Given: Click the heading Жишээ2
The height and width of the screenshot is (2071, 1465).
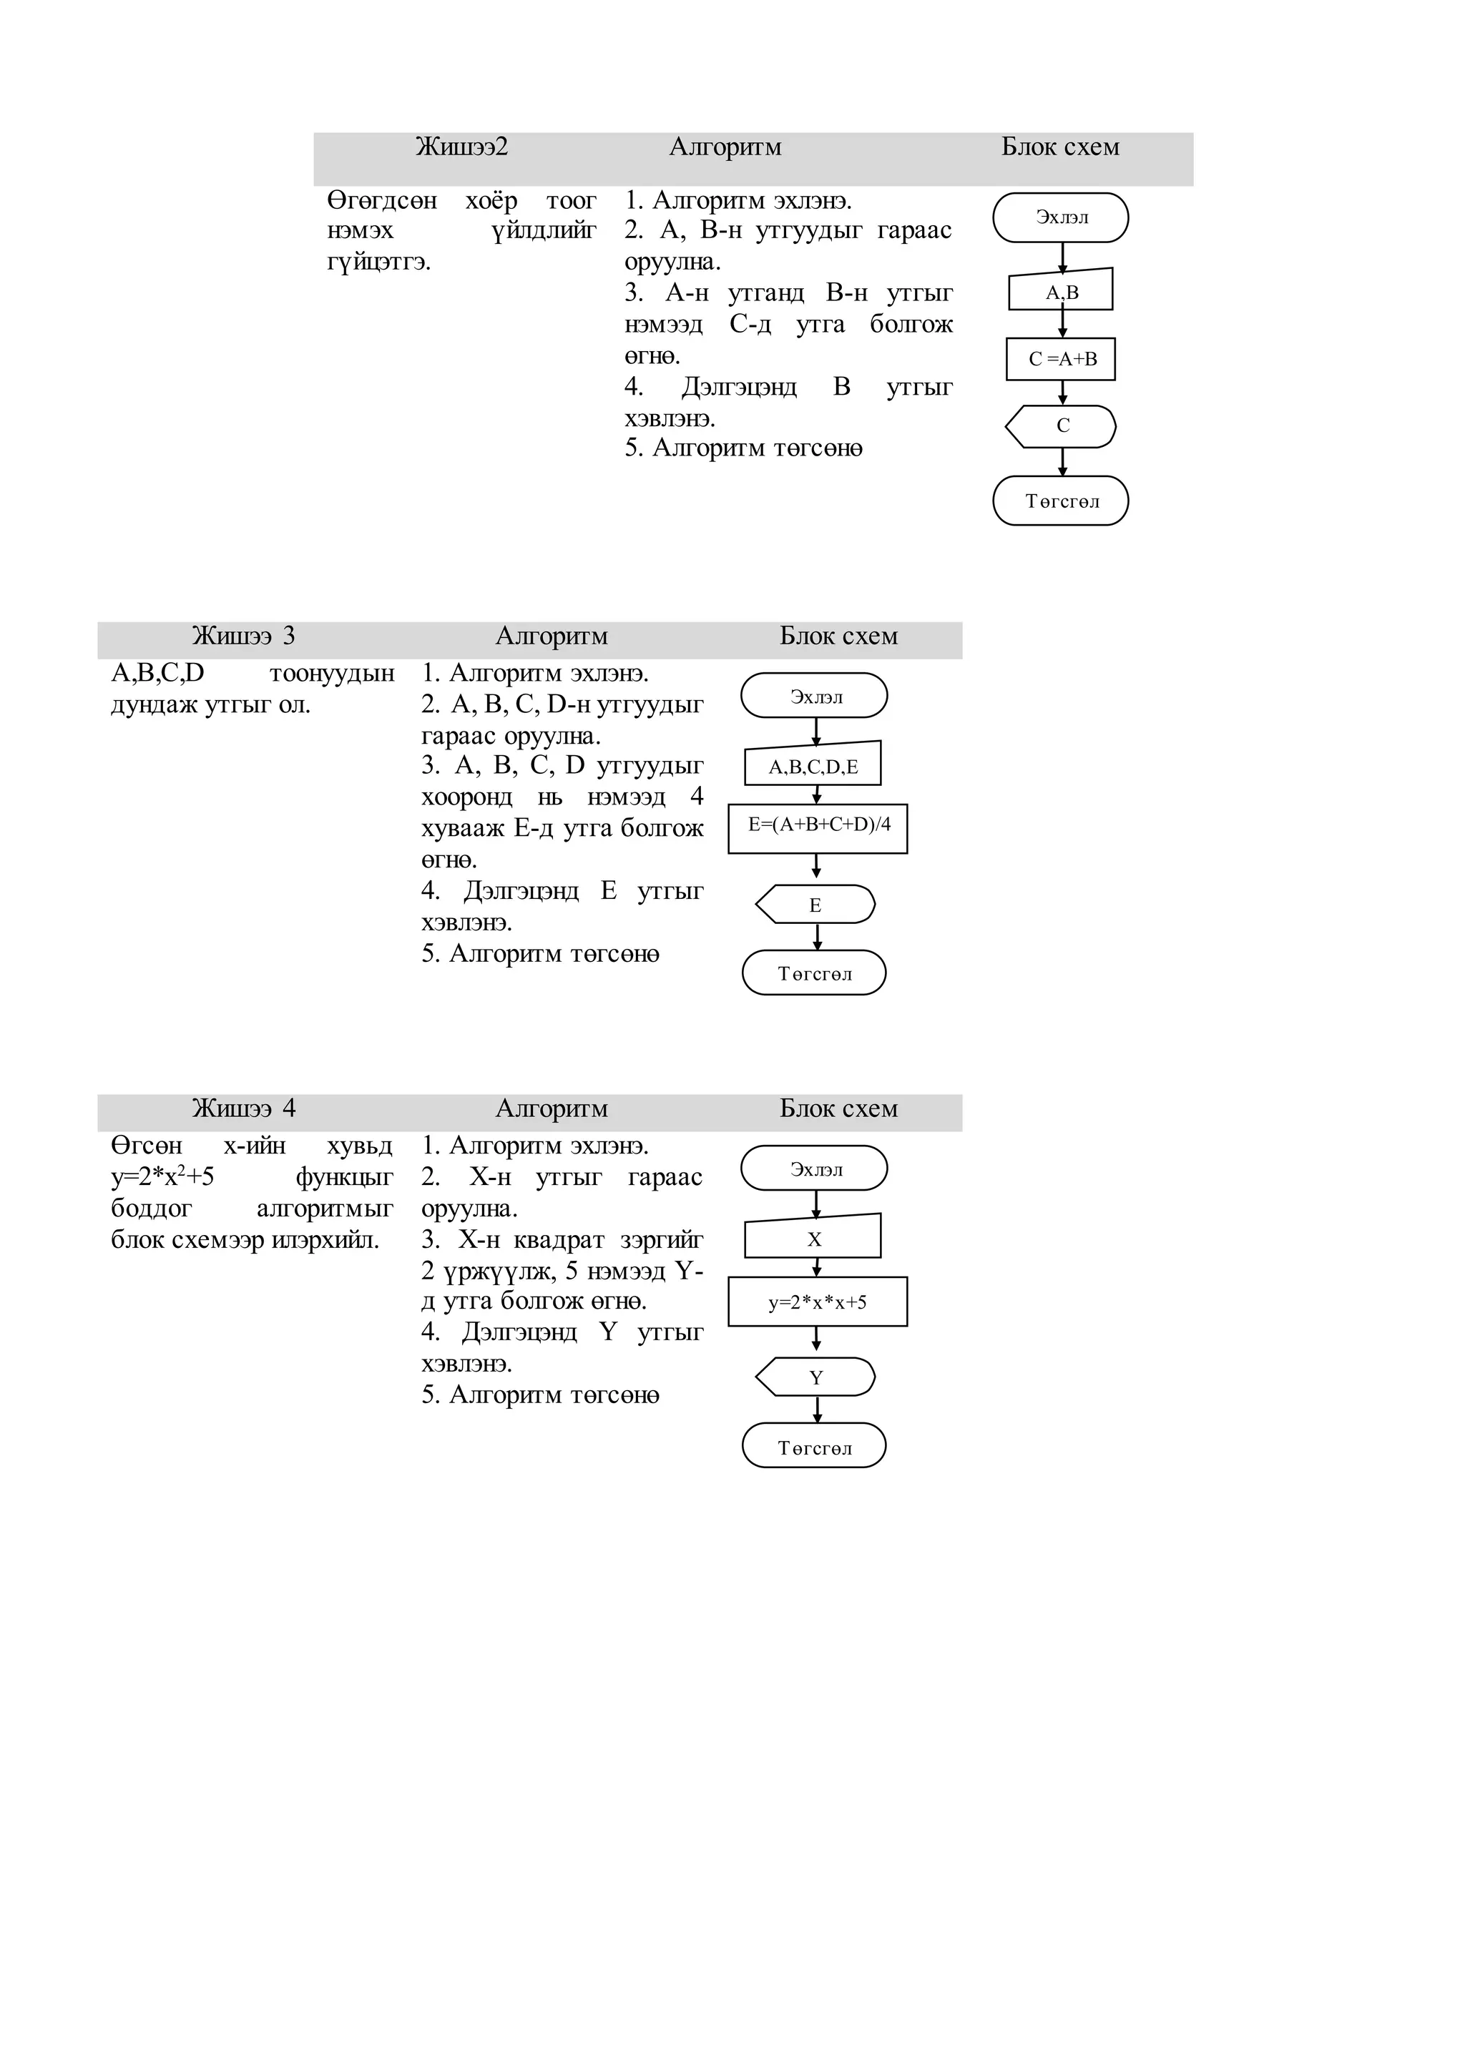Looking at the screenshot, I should tap(462, 147).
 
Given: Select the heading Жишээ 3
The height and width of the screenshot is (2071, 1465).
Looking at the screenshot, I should tap(243, 636).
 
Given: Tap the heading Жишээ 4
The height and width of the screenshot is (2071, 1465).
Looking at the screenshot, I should tap(243, 1108).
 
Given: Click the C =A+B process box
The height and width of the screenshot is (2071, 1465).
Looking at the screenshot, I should tap(1061, 359).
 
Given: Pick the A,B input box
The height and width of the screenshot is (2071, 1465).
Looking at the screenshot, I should tap(1061, 291).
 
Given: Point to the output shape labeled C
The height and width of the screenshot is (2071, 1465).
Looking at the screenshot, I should tap(1061, 425).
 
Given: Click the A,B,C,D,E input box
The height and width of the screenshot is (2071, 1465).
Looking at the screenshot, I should tap(813, 766).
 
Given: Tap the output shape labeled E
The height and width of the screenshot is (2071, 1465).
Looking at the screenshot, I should tap(815, 905).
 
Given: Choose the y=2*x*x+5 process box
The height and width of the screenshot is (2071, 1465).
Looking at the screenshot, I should tap(818, 1302).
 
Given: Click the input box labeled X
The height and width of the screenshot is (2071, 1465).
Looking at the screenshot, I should tap(813, 1239).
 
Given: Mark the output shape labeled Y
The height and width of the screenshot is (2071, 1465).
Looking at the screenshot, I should tap(815, 1377).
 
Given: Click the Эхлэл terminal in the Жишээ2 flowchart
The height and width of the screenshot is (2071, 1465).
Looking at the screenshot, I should tap(1061, 217).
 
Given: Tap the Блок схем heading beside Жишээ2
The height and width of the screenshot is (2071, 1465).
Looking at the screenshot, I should tap(1060, 147).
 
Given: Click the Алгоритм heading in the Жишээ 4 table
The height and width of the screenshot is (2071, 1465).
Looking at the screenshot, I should tap(552, 1108).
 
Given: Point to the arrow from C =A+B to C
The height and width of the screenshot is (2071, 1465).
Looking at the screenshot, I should tap(1063, 393).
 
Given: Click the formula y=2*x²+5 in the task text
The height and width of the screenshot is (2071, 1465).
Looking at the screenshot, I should tap(162, 1177).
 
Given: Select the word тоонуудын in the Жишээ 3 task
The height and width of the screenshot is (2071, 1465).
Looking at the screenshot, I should tap(331, 674).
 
